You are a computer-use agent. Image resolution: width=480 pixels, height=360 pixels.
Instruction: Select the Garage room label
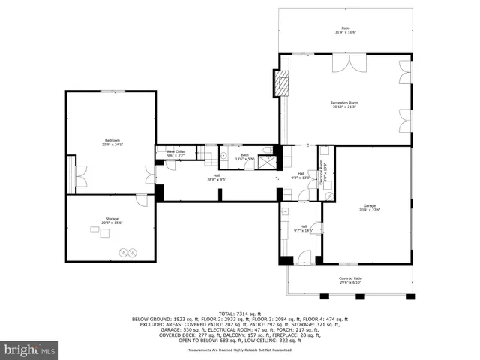[369, 207]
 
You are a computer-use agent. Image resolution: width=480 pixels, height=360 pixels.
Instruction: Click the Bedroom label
[112, 142]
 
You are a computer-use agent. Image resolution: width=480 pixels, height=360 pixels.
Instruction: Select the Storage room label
[111, 220]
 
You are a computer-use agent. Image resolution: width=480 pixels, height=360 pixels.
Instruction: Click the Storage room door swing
[141, 200]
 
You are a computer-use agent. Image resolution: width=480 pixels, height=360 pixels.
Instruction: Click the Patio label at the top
[344, 30]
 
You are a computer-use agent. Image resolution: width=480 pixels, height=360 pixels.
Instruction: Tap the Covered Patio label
[350, 279]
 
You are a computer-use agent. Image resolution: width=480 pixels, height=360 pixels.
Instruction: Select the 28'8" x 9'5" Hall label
[217, 178]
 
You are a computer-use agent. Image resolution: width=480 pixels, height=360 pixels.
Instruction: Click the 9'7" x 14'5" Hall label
[304, 228]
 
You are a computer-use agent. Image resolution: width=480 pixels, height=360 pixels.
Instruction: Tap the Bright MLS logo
[30, 349]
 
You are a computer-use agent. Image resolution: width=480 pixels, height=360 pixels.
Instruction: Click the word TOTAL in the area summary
[226, 313]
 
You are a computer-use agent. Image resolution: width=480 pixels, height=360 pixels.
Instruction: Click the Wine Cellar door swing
[170, 166]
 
